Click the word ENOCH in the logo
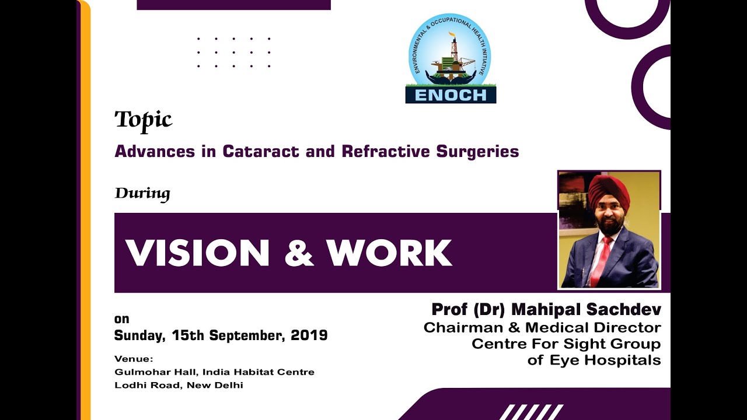(451, 95)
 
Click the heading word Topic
(143, 120)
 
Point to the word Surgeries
(477, 152)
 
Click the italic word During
(142, 193)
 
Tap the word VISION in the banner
(197, 253)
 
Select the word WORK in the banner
(389, 253)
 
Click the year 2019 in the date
(309, 335)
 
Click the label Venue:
(134, 359)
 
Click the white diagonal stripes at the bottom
(531, 412)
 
